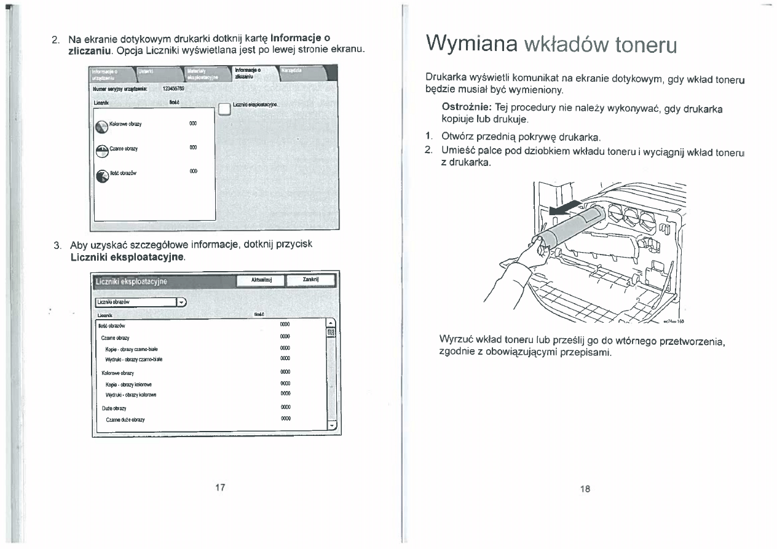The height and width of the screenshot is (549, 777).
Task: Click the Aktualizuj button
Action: point(258,281)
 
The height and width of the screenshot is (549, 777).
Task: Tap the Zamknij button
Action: point(310,281)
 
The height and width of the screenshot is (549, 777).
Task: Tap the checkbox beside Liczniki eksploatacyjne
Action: point(225,110)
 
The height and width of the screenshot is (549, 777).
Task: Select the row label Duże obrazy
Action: point(114,408)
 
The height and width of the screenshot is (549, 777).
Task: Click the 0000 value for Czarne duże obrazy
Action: point(285,419)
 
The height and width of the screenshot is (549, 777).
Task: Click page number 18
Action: point(584,489)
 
